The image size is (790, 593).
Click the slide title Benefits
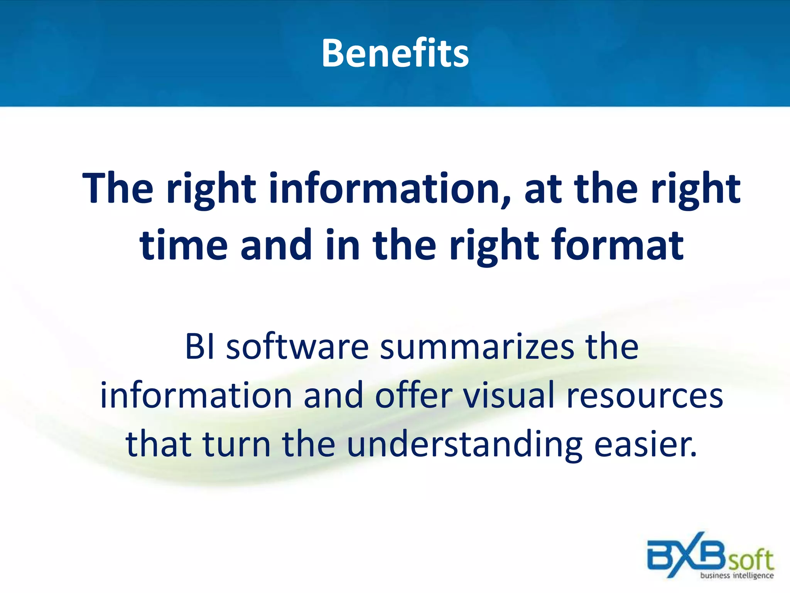point(395,53)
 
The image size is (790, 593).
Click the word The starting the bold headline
point(118,188)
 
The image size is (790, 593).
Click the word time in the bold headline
point(183,245)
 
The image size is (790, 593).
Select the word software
point(297,347)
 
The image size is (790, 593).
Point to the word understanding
point(464,445)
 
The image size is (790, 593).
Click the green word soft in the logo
point(750,560)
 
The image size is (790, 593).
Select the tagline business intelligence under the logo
point(737,575)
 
